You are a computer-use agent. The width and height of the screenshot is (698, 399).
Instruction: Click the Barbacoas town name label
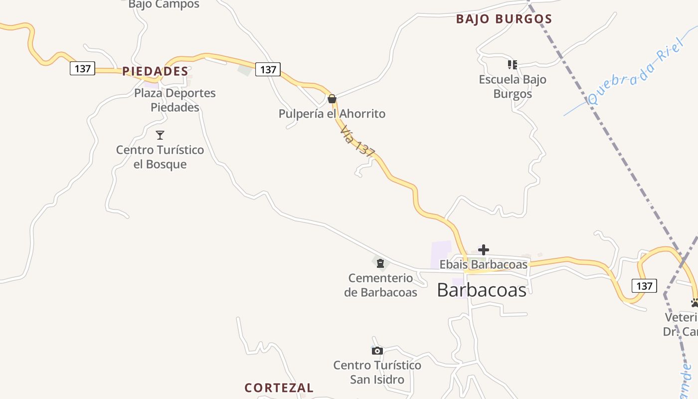482,290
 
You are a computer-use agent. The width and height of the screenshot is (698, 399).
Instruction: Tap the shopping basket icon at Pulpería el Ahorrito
332,99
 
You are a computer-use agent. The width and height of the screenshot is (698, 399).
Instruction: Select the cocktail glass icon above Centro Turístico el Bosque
160,135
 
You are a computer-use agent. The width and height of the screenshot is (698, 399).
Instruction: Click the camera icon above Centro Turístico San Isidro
377,351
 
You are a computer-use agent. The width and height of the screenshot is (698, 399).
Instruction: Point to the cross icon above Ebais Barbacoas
484,250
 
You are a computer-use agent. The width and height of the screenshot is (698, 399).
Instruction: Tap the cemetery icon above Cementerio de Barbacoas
380,263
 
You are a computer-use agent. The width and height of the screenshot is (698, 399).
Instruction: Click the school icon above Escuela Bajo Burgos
512,65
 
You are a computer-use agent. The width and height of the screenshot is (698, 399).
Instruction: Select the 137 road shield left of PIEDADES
82,68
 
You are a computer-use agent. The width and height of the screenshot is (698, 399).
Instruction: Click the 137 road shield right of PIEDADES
268,69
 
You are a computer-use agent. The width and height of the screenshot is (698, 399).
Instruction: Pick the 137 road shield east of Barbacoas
644,286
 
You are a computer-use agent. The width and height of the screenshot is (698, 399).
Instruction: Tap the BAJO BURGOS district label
504,19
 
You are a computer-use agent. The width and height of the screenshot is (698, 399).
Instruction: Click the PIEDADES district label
155,71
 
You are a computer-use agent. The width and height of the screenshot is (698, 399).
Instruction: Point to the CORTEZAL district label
279,388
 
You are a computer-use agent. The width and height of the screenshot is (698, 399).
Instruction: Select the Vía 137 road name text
357,142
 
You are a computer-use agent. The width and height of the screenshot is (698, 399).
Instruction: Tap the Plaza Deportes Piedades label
175,100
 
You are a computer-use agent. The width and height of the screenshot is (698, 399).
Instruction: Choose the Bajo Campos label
164,4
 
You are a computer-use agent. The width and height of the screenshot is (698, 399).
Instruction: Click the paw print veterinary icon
695,302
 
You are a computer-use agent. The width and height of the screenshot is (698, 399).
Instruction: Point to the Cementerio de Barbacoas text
380,285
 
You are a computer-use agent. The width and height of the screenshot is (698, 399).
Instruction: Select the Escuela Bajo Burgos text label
513,86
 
